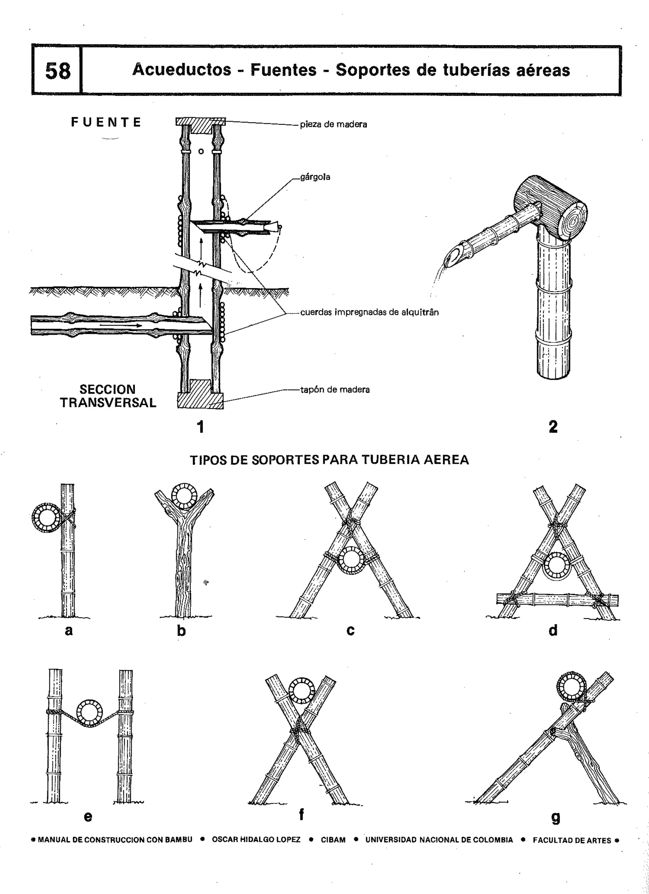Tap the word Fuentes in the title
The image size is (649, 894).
click(283, 70)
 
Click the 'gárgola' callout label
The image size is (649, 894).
click(315, 177)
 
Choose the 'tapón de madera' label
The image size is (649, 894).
click(335, 390)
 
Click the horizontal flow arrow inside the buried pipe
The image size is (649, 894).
click(120, 326)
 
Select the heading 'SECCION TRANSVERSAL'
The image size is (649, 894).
click(108, 396)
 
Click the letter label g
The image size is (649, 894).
click(555, 818)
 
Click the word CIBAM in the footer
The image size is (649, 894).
click(333, 840)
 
